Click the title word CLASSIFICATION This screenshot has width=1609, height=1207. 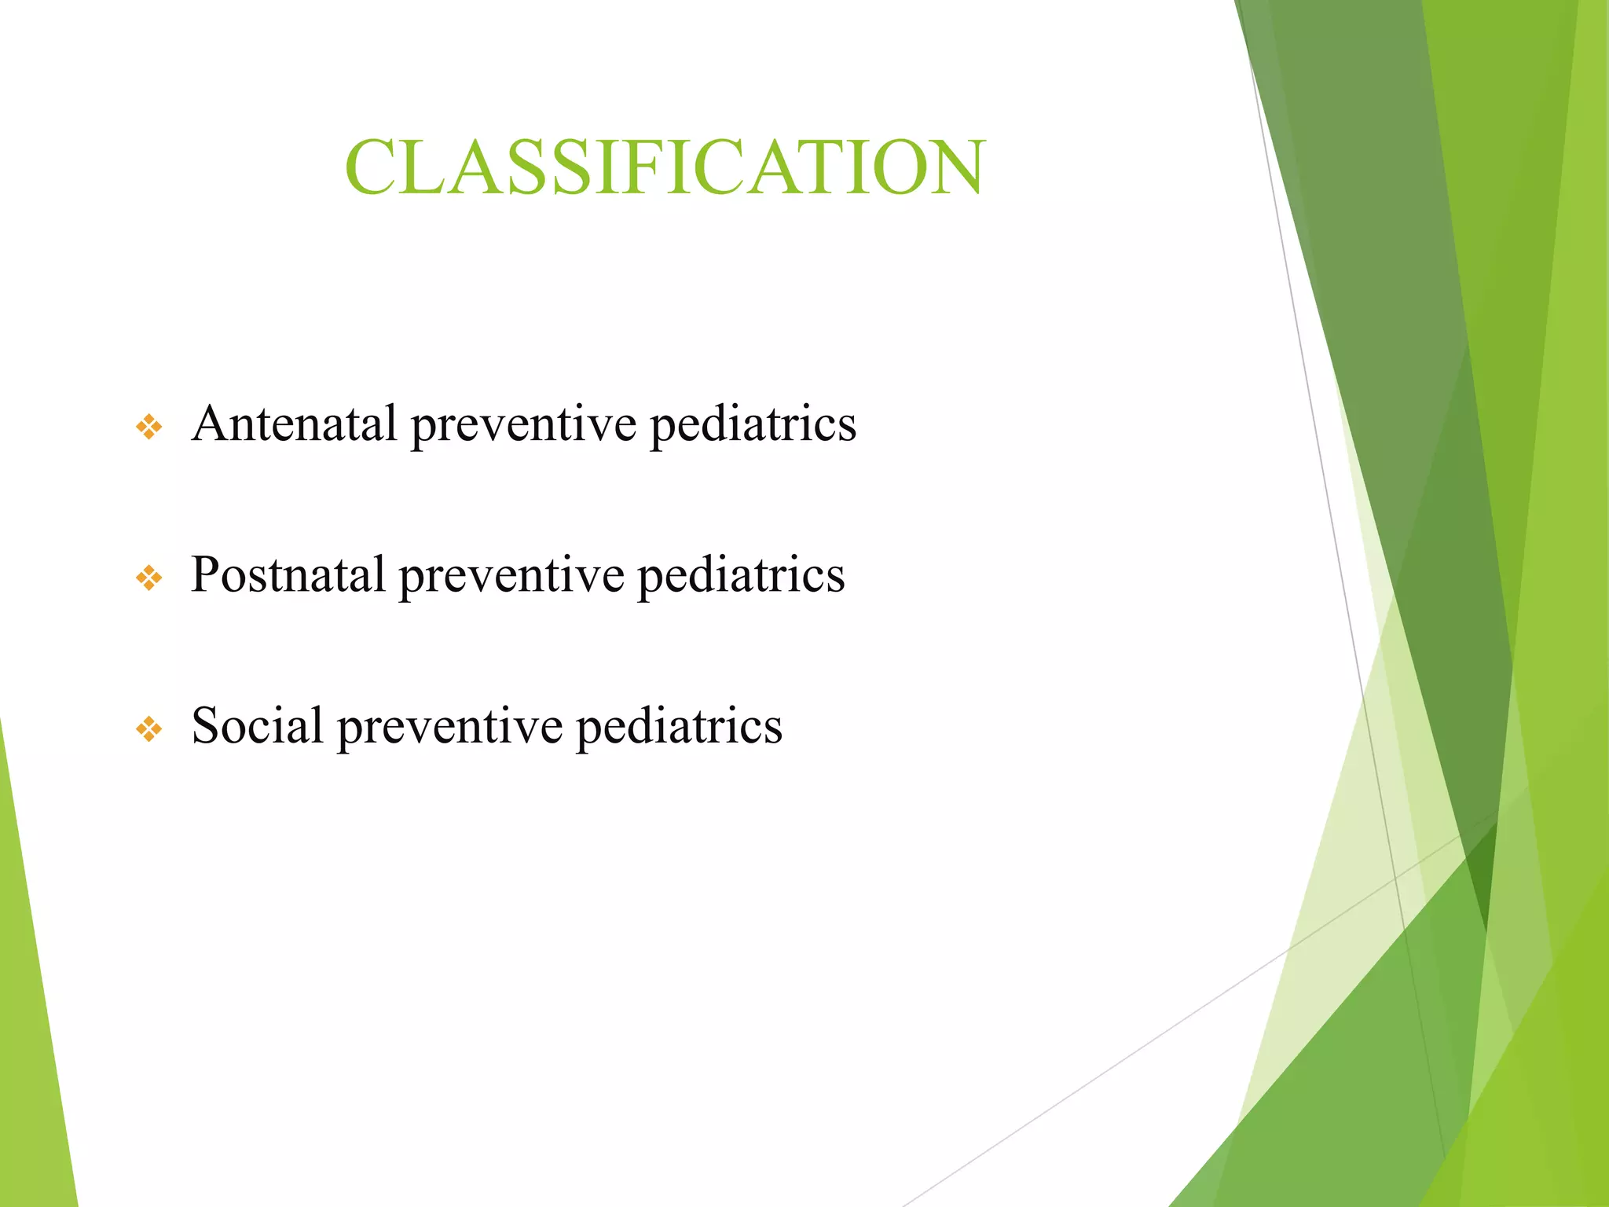pos(665,167)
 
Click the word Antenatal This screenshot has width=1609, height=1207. pos(294,424)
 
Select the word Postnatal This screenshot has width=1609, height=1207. pos(288,574)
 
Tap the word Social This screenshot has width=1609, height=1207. pos(257,725)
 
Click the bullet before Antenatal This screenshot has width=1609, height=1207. pos(149,427)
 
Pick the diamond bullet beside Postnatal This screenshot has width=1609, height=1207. pos(149,579)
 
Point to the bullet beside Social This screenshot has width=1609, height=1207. pos(149,729)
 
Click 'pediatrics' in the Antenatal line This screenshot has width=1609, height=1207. pos(753,425)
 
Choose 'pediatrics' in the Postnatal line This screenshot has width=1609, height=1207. pos(741,576)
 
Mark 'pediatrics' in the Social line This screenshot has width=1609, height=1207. pos(679,727)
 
